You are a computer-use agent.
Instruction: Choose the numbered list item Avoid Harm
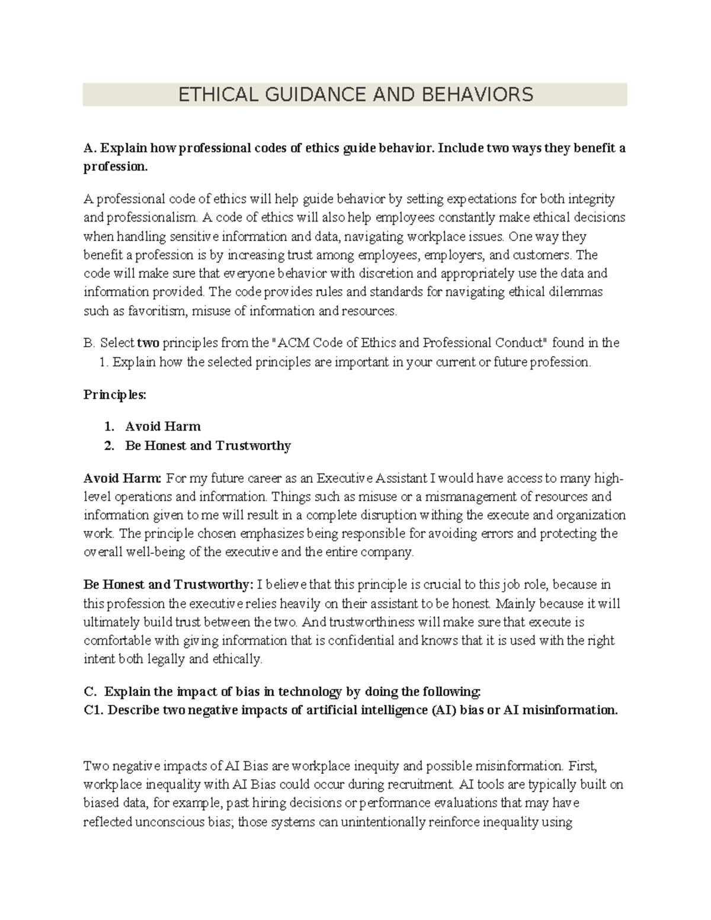click(x=163, y=426)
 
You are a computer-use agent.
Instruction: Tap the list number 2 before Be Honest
click(x=108, y=445)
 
